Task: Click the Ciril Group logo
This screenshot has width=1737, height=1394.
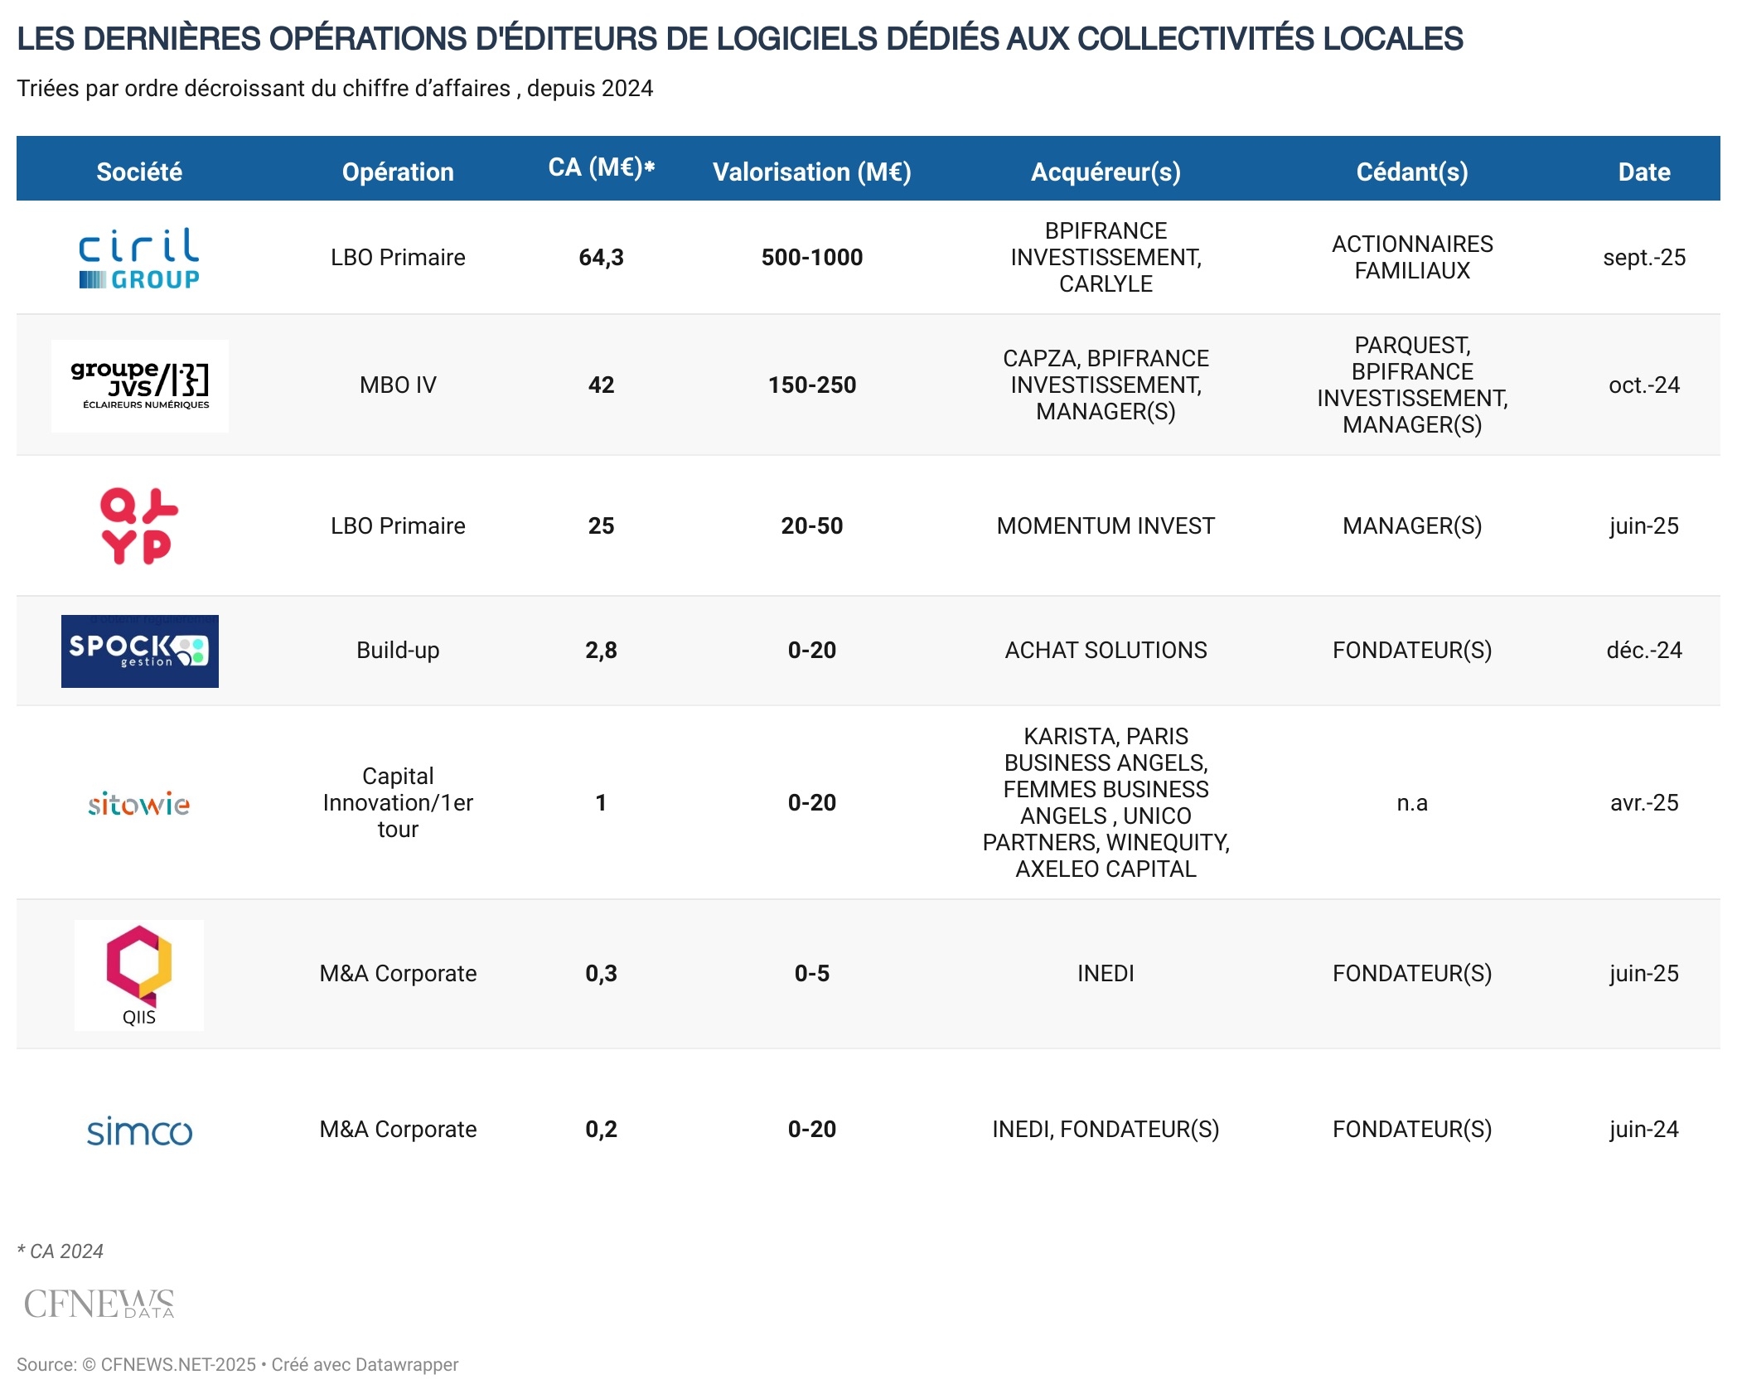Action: click(x=139, y=258)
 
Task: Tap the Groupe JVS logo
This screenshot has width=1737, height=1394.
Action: click(x=139, y=385)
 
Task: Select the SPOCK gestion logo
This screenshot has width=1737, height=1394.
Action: click(x=139, y=651)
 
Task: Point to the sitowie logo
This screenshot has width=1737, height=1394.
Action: click(x=139, y=803)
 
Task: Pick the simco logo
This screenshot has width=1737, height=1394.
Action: click(x=139, y=1130)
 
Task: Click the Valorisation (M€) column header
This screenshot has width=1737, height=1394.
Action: click(x=811, y=172)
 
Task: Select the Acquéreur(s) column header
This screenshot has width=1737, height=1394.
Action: click(x=1106, y=172)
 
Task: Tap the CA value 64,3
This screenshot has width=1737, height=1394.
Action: click(x=601, y=258)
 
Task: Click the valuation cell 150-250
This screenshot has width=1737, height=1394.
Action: click(x=811, y=385)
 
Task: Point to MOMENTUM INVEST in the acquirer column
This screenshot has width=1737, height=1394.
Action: click(x=1106, y=526)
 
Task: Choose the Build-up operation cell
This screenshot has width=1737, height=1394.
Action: click(x=398, y=651)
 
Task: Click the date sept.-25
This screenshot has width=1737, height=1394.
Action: click(x=1643, y=258)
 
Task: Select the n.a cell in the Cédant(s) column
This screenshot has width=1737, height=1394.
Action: click(x=1411, y=803)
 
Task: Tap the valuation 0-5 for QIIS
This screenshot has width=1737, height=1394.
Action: click(x=811, y=974)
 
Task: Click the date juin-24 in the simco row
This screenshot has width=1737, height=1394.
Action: click(x=1643, y=1130)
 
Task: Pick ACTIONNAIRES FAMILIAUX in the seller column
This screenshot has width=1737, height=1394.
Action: click(x=1411, y=258)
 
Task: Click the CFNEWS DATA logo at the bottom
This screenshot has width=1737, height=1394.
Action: click(x=99, y=1304)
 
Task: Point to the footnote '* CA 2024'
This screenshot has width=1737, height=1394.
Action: click(x=60, y=1251)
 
